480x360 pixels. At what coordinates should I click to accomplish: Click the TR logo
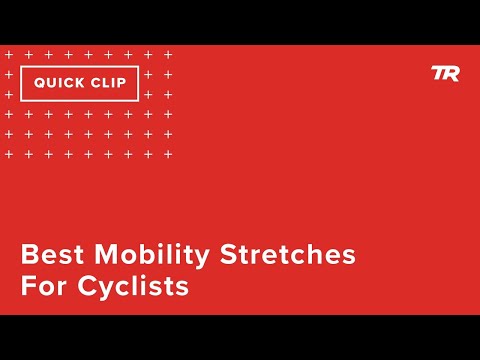[x=445, y=73]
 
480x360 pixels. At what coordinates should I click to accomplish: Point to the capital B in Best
[x=30, y=255]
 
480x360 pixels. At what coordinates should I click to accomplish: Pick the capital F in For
[x=28, y=287]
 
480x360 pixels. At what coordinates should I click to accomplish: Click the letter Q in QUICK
[x=39, y=83]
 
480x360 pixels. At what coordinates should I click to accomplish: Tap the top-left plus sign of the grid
[x=9, y=54]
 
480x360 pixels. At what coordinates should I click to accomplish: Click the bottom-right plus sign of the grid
[x=168, y=154]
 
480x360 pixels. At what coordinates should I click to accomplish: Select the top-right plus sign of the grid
[x=168, y=54]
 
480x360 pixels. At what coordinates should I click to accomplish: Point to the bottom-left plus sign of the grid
[x=9, y=154]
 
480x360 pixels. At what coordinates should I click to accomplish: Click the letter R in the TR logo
[x=451, y=73]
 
